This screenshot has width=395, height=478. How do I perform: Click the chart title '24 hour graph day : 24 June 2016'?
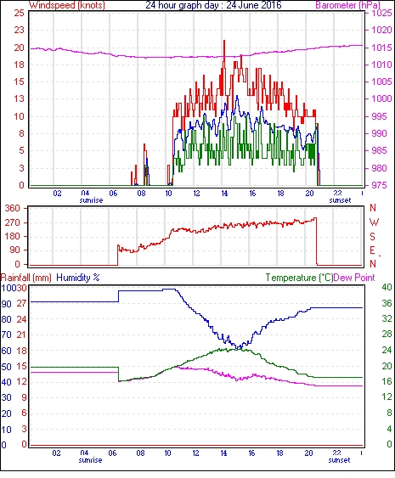[x=213, y=5]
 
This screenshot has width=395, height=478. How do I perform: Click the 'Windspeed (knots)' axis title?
[x=67, y=5]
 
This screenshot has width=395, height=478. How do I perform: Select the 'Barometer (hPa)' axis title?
[x=348, y=5]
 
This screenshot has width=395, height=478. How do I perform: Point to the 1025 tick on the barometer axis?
[x=381, y=13]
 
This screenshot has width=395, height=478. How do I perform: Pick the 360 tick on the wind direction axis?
[x=12, y=209]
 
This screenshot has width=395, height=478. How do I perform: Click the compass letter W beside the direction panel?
[x=374, y=222]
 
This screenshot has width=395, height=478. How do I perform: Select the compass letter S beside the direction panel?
[x=372, y=236]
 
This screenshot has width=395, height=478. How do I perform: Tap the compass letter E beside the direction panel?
[x=372, y=250]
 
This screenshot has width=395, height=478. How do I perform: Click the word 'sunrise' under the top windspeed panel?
[x=91, y=200]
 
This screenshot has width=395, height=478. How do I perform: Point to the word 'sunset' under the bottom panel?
[x=339, y=460]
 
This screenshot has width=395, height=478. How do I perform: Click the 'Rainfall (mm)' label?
[x=26, y=278]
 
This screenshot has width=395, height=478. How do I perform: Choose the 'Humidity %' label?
[x=78, y=278]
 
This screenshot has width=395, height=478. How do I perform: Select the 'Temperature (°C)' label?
[x=299, y=278]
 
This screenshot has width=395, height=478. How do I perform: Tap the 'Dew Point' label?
[x=354, y=278]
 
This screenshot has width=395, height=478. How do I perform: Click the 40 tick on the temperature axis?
[x=387, y=287]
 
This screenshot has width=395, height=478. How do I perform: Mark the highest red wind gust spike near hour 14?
[x=224, y=41]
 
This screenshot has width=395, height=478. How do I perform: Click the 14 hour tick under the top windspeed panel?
[x=224, y=194]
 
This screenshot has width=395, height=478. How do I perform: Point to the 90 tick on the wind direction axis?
[x=14, y=250]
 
